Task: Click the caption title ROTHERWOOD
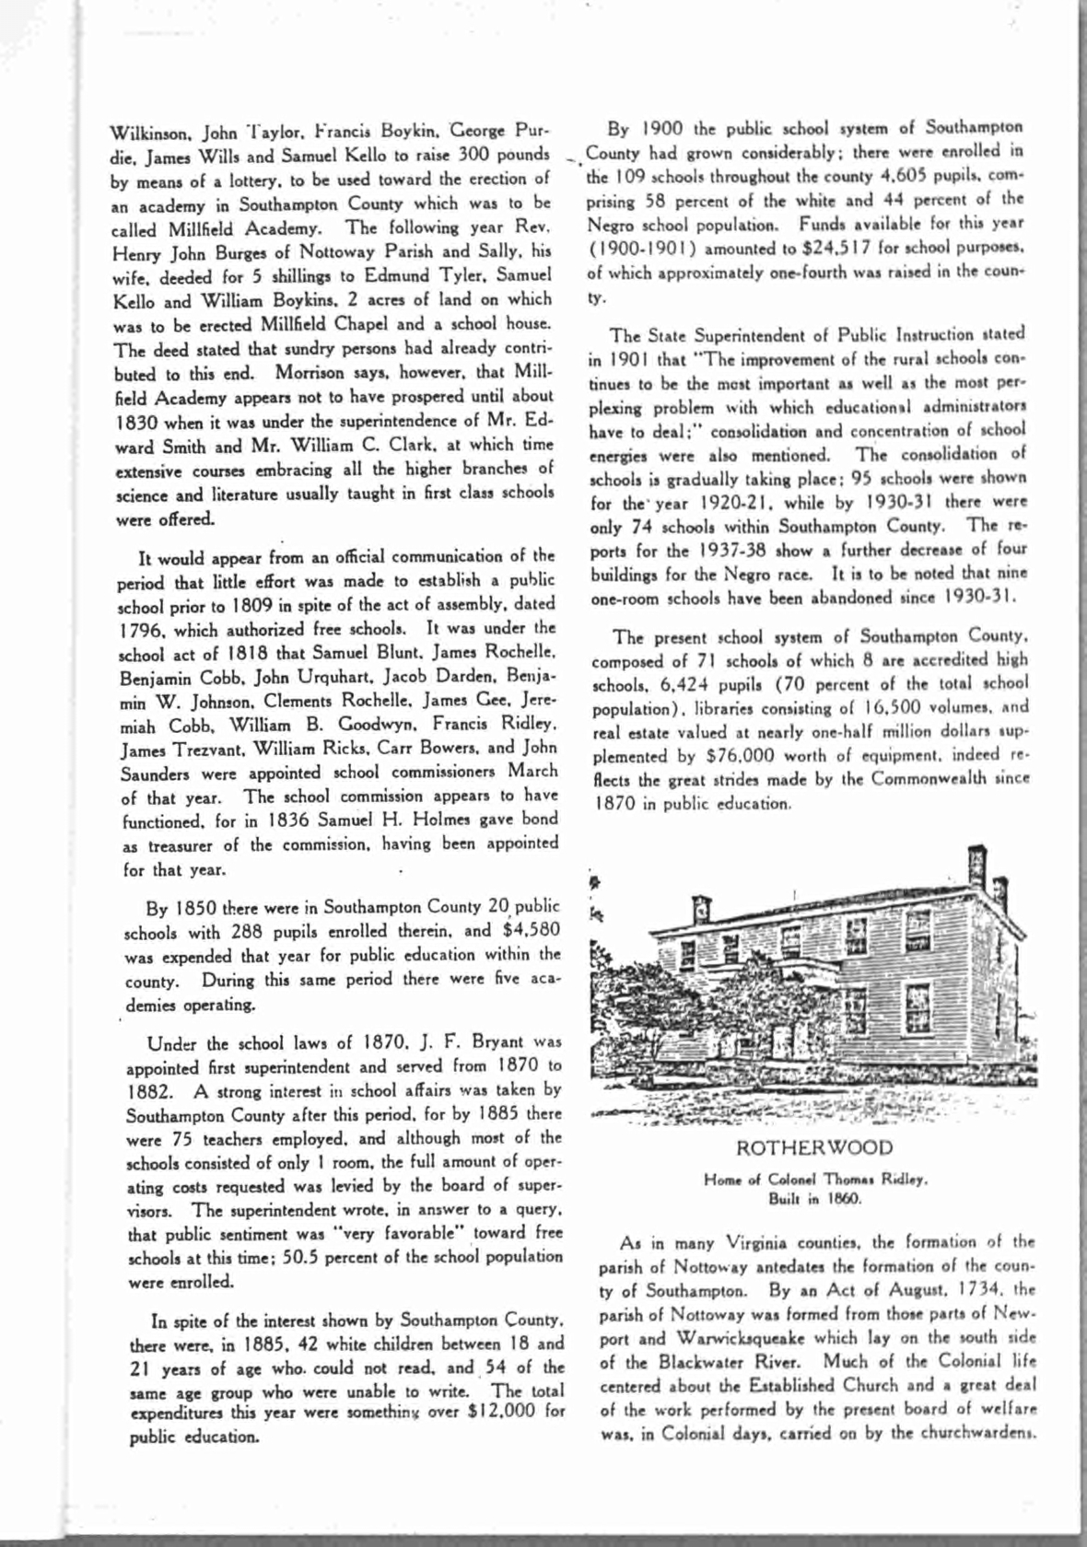[x=814, y=1147]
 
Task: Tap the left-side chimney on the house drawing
[x=702, y=911]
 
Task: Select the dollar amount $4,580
[x=532, y=930]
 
